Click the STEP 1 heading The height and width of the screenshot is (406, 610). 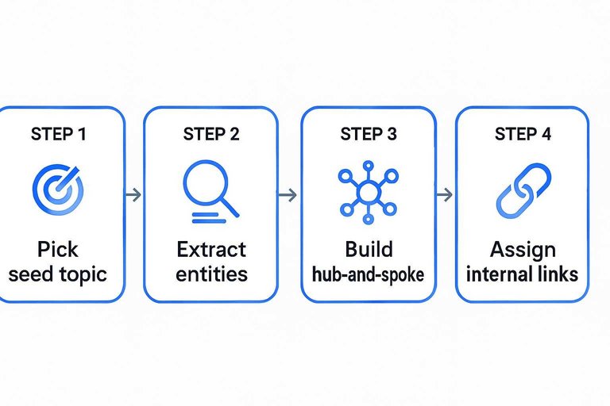tap(58, 134)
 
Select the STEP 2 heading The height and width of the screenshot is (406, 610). tap(210, 134)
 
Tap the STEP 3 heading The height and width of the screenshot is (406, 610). tap(368, 134)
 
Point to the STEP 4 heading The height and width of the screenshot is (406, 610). tap(522, 134)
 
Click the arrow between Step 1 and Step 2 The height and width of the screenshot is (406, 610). tap(134, 194)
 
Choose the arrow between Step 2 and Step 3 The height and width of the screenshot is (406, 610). tap(289, 194)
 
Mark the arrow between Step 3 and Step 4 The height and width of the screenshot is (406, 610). tap(446, 194)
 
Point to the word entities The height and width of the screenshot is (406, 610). tap(211, 274)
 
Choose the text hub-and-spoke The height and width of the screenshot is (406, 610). tap(368, 275)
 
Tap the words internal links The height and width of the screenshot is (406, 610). tap(522, 274)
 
